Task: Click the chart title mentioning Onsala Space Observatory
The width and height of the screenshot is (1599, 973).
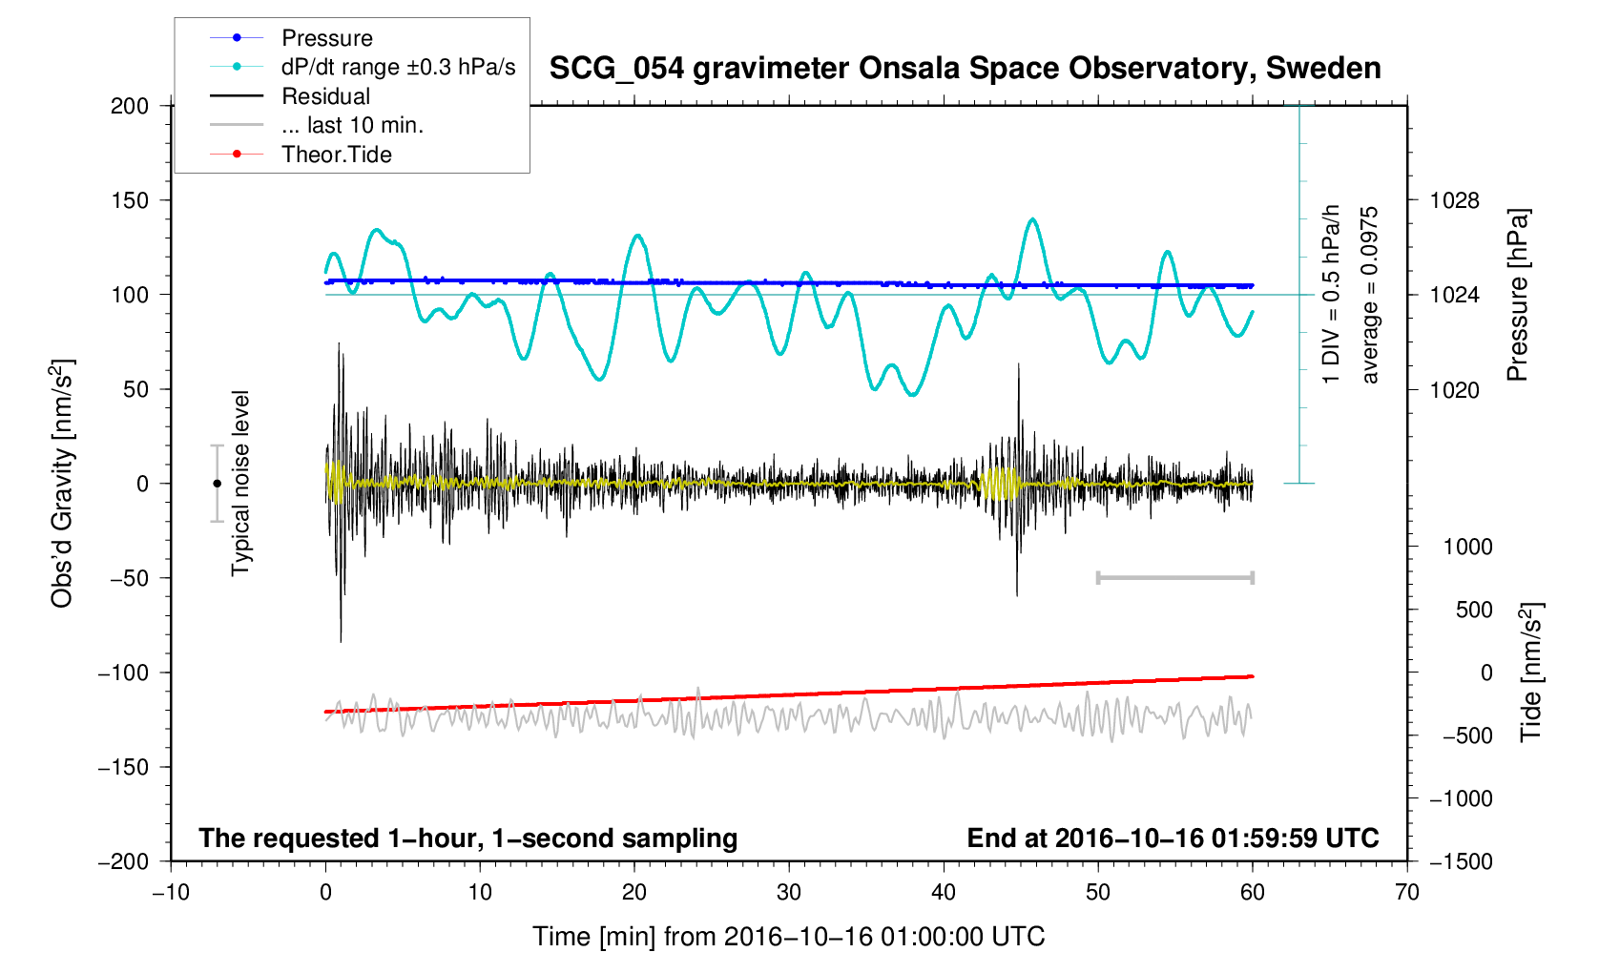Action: click(965, 69)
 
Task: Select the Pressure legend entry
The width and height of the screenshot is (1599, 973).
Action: click(326, 38)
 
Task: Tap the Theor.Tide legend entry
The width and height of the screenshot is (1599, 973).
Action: click(336, 155)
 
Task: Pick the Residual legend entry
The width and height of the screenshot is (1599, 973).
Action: click(325, 96)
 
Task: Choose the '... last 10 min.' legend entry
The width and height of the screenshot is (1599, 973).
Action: click(352, 126)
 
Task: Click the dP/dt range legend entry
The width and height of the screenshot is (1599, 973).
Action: click(398, 67)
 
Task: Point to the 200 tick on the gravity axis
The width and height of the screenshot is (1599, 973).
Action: click(130, 106)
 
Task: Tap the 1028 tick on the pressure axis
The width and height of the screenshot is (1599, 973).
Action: click(1454, 200)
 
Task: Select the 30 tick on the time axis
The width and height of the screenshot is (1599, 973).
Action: click(789, 893)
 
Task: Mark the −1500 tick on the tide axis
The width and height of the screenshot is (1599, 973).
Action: click(1460, 861)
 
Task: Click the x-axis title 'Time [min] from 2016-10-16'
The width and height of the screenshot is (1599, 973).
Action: click(788, 937)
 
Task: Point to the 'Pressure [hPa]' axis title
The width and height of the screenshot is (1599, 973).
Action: click(1517, 295)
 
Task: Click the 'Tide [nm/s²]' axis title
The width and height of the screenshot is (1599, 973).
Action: click(1531, 673)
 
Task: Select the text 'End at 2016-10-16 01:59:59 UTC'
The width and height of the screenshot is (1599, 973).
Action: click(1173, 838)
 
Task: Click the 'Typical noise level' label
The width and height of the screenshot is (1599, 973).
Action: click(240, 484)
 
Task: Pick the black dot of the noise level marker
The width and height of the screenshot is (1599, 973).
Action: click(217, 484)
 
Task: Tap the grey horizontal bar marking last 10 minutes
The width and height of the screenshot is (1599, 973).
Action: click(1175, 577)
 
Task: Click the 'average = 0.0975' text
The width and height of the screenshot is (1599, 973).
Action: click(1370, 295)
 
